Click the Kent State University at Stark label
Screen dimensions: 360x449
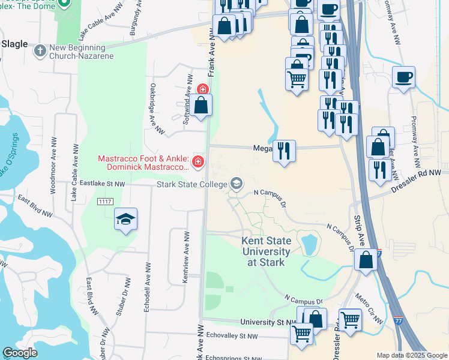click(265, 251)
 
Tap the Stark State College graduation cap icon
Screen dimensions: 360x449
click(237, 184)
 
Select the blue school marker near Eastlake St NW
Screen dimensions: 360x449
click(126, 220)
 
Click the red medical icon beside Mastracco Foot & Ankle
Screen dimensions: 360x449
click(197, 162)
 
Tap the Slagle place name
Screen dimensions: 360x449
click(14, 44)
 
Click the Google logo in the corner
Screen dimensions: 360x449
click(20, 353)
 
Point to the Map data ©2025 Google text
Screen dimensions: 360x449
click(411, 355)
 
